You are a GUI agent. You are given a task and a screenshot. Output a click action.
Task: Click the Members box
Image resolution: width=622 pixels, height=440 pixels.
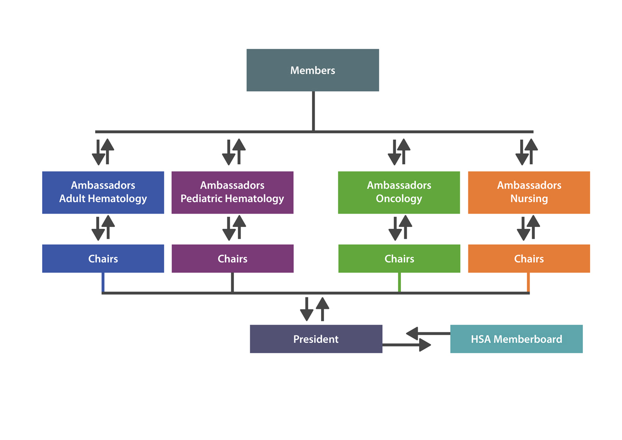pos(312,70)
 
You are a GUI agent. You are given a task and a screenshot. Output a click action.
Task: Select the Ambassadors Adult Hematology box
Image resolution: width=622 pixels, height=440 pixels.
pos(103,192)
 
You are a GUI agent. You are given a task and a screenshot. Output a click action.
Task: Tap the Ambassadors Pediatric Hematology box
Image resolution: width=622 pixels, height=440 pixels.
pos(233,192)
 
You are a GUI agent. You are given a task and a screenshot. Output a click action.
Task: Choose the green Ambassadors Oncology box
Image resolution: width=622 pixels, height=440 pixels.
pos(399,192)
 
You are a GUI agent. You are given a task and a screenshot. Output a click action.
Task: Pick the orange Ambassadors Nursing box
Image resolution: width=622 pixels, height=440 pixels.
pos(529,192)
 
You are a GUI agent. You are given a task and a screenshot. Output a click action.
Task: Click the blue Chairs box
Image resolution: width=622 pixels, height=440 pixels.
pos(103,259)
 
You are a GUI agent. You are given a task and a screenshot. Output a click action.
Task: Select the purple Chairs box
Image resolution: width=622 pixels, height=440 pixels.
pos(233,259)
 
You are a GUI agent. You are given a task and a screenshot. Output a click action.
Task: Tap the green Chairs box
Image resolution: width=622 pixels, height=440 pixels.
pos(400,259)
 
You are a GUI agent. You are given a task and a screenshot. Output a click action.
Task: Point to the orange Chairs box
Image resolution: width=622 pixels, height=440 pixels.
pos(529,259)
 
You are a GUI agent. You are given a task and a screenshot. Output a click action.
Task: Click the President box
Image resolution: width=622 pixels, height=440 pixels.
pos(316,339)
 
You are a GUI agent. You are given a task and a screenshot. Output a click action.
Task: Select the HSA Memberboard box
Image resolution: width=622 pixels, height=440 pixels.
pos(516,339)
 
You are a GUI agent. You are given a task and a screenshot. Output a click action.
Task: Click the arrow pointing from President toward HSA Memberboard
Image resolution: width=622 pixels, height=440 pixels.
pos(407,345)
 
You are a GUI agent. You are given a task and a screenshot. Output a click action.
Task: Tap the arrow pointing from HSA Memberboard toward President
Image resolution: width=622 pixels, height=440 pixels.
pos(428,333)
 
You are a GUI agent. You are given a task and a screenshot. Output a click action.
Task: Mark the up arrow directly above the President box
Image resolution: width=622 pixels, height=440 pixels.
pos(322,309)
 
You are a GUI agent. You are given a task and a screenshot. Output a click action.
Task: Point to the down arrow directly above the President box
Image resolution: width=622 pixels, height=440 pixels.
pos(307,309)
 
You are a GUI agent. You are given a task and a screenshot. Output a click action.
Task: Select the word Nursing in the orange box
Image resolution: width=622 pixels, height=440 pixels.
pos(529,199)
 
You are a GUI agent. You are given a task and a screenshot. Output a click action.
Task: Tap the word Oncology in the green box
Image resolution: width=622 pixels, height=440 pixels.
pos(399,199)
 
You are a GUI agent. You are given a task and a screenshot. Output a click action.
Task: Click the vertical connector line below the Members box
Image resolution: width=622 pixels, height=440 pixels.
pos(313,111)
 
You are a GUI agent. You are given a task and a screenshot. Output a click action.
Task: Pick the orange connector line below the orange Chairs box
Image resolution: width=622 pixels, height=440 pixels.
pos(528,282)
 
